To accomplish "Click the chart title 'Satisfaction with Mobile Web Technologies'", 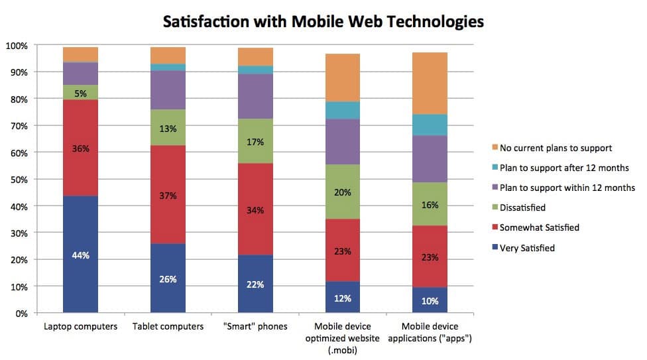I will click(323, 22).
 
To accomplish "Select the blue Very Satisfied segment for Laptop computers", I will click(80, 254).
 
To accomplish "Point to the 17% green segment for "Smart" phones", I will click(255, 141).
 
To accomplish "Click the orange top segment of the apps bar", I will click(430, 83).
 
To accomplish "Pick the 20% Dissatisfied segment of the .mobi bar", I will click(343, 192).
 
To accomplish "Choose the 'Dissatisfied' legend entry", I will click(528, 207).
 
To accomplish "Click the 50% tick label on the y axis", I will click(19, 180).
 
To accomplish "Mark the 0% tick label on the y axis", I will click(21, 314).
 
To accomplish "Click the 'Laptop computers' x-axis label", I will click(81, 327).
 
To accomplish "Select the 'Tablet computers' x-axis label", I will click(168, 327).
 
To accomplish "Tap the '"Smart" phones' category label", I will click(255, 327).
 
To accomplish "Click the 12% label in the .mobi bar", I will click(343, 298).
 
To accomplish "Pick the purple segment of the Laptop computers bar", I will click(80, 74).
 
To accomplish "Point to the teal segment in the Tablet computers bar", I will click(168, 68).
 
